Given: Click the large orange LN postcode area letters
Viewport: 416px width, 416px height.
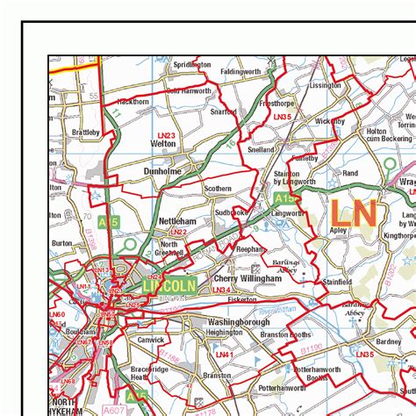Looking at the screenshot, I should (x=354, y=213).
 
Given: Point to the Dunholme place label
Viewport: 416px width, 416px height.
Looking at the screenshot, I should (x=162, y=172).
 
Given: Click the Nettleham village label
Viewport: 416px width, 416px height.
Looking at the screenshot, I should (x=177, y=222).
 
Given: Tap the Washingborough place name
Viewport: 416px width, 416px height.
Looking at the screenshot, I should (x=239, y=322).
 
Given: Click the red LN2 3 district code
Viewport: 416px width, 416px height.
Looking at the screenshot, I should (x=167, y=134).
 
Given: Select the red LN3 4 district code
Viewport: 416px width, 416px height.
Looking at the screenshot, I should (x=222, y=290).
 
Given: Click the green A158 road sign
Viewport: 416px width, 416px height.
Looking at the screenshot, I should (x=292, y=199).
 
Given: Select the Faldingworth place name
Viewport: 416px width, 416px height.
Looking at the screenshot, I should (x=242, y=70).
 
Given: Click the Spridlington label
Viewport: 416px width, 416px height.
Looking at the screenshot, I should (x=192, y=65).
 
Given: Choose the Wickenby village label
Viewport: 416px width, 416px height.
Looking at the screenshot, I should (x=331, y=121).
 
